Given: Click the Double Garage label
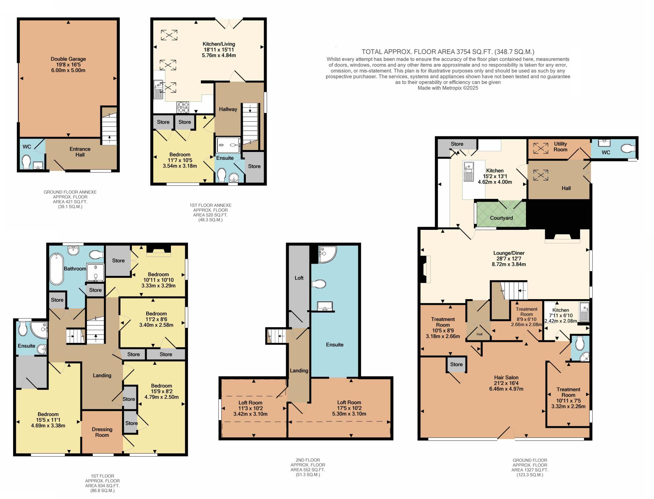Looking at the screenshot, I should tap(68, 59).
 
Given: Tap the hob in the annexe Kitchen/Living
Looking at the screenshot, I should tap(183, 107).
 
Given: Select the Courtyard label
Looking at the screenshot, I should tap(501, 218).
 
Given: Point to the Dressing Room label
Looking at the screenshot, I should tap(102, 432).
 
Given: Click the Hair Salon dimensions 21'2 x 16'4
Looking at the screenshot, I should tap(506, 383).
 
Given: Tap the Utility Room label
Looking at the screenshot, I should tap(560, 147).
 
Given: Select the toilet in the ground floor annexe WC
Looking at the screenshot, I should tap(26, 162).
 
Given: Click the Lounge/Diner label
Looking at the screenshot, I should tap(509, 253).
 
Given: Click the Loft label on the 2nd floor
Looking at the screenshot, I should tap(299, 278).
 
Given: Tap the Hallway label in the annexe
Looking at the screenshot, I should tap(228, 109).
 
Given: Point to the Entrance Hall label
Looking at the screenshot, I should tap(80, 152).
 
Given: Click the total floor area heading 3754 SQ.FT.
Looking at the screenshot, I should tap(448, 52).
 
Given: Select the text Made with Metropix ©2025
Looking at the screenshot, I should tap(448, 88).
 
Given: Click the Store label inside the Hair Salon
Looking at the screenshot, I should tap(456, 364).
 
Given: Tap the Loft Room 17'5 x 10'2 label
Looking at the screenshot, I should tap(349, 405).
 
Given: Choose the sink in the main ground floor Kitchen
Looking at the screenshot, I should tap(468, 171).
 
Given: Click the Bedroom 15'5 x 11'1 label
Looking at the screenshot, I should tap(48, 417).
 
